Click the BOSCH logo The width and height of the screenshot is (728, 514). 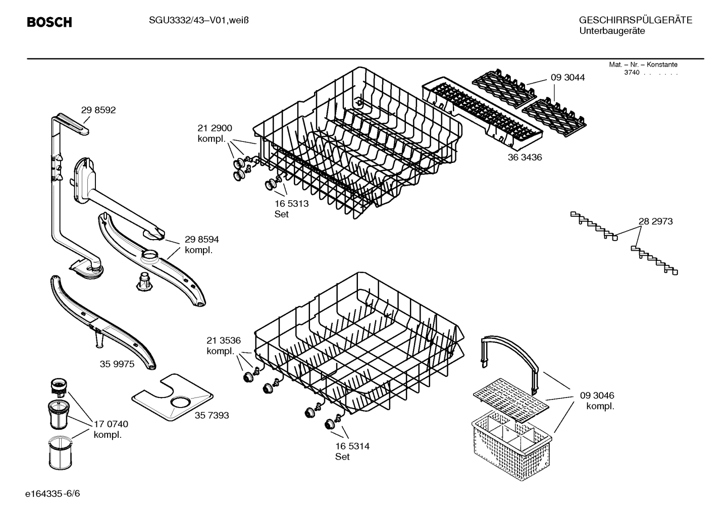pyautogui.click(x=49, y=22)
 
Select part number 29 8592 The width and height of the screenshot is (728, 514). pyautogui.click(x=98, y=110)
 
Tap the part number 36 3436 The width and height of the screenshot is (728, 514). pyautogui.click(x=525, y=157)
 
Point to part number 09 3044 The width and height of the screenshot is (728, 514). pyautogui.click(x=567, y=78)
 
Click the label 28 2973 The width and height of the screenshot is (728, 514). pyautogui.click(x=655, y=221)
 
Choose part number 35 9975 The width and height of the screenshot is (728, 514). pyautogui.click(x=117, y=364)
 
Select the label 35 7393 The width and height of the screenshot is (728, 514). pyautogui.click(x=212, y=415)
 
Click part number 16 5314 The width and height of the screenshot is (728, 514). pyautogui.click(x=352, y=446)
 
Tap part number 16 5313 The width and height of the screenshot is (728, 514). pyautogui.click(x=291, y=204)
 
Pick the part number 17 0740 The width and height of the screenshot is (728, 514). pyautogui.click(x=111, y=424)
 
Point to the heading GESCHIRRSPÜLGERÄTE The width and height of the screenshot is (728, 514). pyautogui.click(x=635, y=20)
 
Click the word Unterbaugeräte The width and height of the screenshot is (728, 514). pyautogui.click(x=611, y=31)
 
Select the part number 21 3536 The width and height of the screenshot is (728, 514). pyautogui.click(x=223, y=340)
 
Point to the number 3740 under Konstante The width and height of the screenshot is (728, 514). pyautogui.click(x=632, y=73)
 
